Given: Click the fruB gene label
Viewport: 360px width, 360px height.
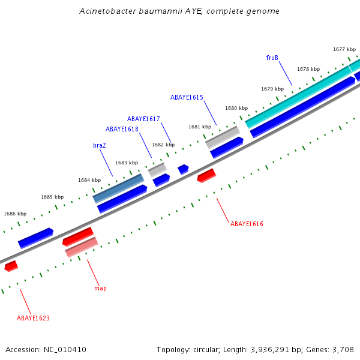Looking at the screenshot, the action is (272, 58).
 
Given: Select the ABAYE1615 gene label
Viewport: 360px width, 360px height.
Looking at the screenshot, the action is (187, 97).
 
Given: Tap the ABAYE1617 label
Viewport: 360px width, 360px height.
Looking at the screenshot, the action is (143, 119).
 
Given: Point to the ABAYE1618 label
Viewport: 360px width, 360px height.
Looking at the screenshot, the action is (122, 129).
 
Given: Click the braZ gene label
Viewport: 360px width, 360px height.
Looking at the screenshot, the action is (99, 145).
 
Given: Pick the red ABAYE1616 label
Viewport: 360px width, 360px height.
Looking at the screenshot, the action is (247, 224).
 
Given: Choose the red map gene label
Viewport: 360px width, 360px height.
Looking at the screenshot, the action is (100, 288).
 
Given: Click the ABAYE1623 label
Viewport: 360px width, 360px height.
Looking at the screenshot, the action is (33, 318).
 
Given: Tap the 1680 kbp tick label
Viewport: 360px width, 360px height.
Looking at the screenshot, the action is (236, 109).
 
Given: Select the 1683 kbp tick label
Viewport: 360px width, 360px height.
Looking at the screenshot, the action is (127, 163).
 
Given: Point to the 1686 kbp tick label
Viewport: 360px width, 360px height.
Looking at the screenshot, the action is (15, 214).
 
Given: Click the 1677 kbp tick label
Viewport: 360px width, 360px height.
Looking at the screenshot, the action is (344, 49).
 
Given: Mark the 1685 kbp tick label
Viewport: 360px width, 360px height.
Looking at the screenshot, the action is (52, 197).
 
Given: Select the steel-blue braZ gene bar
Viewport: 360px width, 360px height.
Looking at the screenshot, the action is (118, 188).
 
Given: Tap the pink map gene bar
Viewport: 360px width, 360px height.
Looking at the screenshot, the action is (82, 247).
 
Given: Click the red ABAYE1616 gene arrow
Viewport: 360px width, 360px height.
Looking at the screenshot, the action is (206, 175).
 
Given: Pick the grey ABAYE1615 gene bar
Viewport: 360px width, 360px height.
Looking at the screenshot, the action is (223, 137).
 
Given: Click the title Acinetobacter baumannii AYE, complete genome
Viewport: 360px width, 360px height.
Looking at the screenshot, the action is (179, 11).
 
